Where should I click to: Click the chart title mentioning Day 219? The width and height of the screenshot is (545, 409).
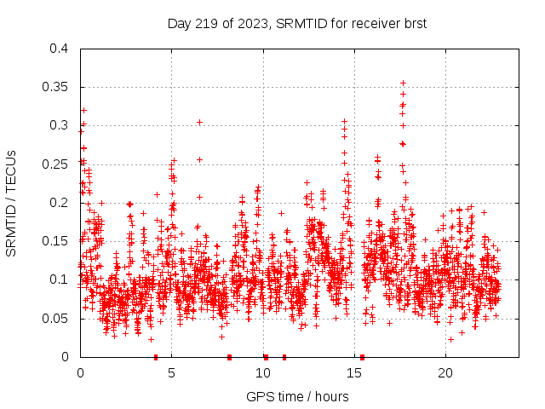(x=296, y=23)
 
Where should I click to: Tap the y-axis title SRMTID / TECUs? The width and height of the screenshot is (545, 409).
(x=12, y=203)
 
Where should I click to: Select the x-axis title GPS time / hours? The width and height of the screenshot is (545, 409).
(x=296, y=396)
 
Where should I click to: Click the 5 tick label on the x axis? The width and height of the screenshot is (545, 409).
(x=172, y=373)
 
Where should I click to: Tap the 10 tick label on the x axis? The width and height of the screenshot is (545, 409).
(x=263, y=373)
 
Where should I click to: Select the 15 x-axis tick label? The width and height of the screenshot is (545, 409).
(x=354, y=373)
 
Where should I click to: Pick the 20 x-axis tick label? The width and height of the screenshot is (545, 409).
(x=445, y=373)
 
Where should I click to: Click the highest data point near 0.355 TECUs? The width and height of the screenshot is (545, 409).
(x=403, y=83)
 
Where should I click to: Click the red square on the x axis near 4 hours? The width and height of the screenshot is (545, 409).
(x=156, y=357)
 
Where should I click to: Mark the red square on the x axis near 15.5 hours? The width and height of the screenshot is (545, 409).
(x=363, y=357)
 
